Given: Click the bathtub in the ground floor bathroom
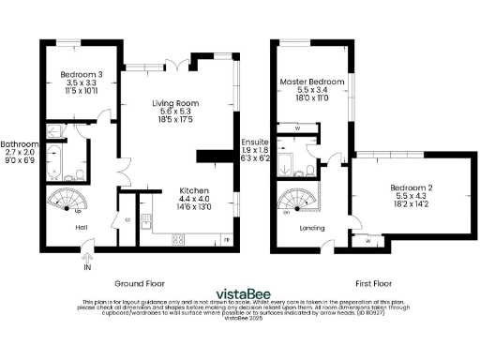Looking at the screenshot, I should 54,164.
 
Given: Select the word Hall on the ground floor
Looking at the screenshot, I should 56,228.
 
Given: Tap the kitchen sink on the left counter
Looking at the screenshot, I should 146,222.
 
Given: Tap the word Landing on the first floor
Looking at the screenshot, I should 313,228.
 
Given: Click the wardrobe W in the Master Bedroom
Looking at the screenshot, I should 297,128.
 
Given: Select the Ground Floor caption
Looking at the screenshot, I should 141,282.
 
